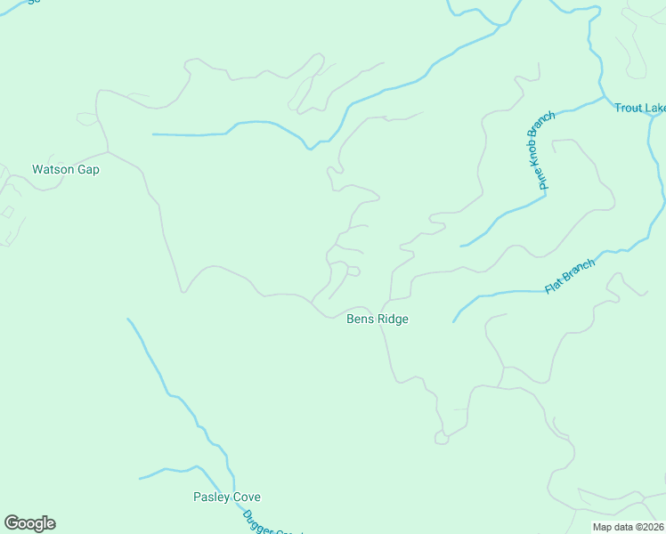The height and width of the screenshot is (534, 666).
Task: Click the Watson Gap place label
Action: pyautogui.click(x=65, y=169)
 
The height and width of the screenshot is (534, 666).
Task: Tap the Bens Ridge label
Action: pyautogui.click(x=378, y=319)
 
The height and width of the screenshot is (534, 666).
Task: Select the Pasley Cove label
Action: pyautogui.click(x=227, y=497)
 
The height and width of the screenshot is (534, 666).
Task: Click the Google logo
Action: pyautogui.click(x=29, y=523)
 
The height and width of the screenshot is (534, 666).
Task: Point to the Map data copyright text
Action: pyautogui.click(x=628, y=527)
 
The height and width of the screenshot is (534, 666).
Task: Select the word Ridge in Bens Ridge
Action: pyautogui.click(x=392, y=319)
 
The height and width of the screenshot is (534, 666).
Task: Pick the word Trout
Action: pyautogui.click(x=629, y=109)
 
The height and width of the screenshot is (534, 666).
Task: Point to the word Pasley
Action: pyautogui.click(x=211, y=497)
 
